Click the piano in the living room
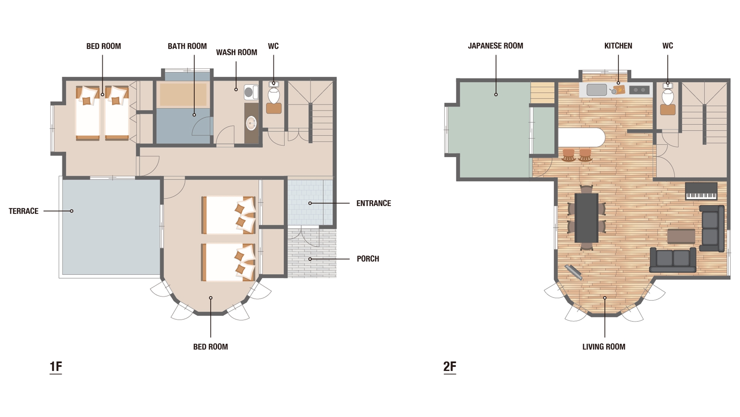pyautogui.click(x=701, y=191)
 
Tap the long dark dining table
pyautogui.click(x=586, y=218)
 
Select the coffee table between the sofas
pyautogui.click(x=681, y=236)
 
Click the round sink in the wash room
pyautogui.click(x=252, y=123)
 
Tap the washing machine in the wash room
pyautogui.click(x=251, y=92)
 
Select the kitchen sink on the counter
pyautogui.click(x=596, y=90)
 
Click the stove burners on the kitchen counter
pyautogui.click(x=639, y=90)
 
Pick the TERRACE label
pyautogui.click(x=24, y=211)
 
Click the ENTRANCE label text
pyautogui.click(x=374, y=203)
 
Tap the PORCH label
pyautogui.click(x=368, y=259)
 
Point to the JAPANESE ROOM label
pyautogui.click(x=495, y=46)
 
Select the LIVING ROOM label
pyautogui.click(x=604, y=347)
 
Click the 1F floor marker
pyautogui.click(x=56, y=367)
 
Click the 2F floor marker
pyautogui.click(x=450, y=367)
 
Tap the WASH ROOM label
pyautogui.click(x=236, y=52)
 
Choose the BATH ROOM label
pyautogui.click(x=187, y=46)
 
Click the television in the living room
pyautogui.click(x=573, y=272)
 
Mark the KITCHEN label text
pyautogui.click(x=618, y=46)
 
